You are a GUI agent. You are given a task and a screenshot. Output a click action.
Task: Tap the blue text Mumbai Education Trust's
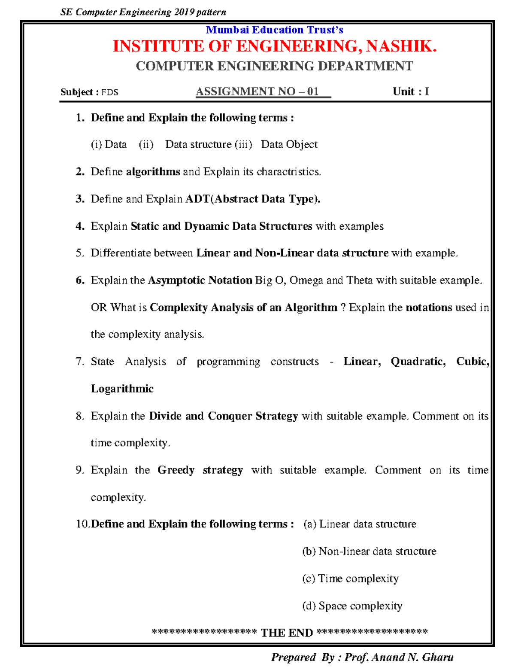click(x=274, y=30)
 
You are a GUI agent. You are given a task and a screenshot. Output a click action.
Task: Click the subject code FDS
click(x=110, y=92)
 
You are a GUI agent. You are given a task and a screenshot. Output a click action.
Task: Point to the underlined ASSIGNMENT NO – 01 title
click(x=257, y=91)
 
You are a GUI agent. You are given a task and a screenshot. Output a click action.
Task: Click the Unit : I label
click(x=411, y=91)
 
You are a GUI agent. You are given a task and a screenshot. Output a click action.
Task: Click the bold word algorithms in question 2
click(x=153, y=172)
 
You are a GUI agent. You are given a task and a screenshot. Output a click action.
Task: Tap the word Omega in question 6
click(x=306, y=280)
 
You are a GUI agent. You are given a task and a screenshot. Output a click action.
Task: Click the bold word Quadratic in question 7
click(x=418, y=362)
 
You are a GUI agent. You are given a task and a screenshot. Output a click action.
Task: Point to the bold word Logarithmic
click(x=122, y=389)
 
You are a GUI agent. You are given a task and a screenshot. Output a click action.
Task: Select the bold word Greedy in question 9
click(x=176, y=470)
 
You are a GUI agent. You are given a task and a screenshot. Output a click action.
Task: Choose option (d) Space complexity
click(x=352, y=606)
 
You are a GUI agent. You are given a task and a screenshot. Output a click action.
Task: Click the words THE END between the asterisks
click(x=287, y=633)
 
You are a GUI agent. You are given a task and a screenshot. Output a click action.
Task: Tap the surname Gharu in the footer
click(x=437, y=658)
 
